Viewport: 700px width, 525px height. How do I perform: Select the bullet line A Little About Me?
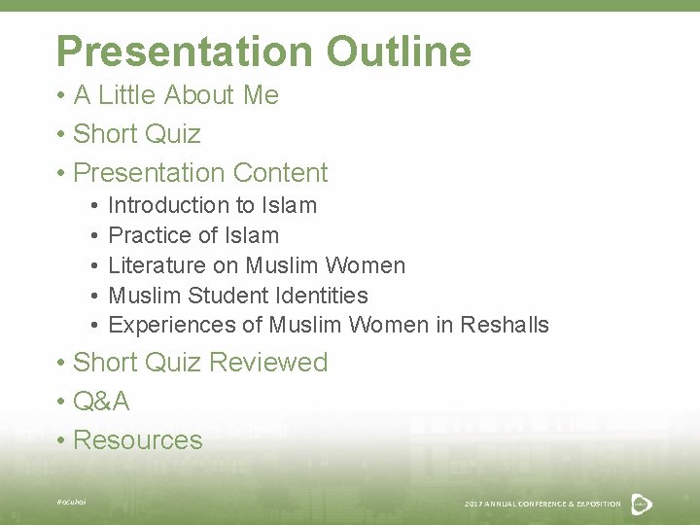pos(175,95)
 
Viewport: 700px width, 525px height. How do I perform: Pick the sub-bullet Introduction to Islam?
pos(212,205)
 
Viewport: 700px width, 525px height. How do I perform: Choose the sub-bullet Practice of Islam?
pos(193,235)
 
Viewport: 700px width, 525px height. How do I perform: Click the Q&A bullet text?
pos(101,401)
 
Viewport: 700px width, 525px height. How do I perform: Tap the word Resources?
pos(137,439)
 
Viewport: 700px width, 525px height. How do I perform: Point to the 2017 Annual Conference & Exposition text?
pos(542,504)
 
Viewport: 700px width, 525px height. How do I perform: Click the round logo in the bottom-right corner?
pos(642,503)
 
